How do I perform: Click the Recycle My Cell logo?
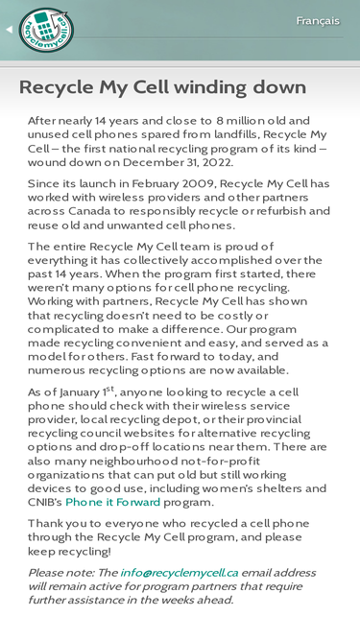45,30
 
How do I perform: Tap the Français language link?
317,21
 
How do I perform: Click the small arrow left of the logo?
9,30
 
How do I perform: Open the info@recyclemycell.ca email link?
179,572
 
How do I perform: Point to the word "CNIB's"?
44,502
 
